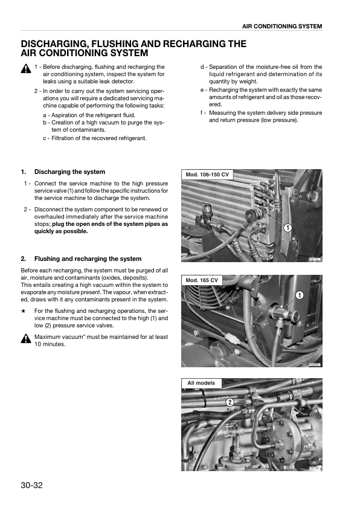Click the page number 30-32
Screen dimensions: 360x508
tap(32, 485)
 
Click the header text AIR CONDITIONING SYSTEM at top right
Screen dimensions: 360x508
tap(282, 26)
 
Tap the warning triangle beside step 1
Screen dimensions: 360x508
tap(26, 69)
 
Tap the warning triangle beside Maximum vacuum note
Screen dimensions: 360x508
tap(26, 338)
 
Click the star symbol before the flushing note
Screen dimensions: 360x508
tap(23, 310)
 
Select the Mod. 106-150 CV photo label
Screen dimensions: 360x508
tap(207, 175)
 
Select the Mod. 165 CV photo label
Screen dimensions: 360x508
tap(202, 280)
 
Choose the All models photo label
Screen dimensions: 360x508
tap(201, 383)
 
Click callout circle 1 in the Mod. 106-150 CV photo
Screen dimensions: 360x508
tap(288, 228)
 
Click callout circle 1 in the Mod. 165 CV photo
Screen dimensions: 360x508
tap(300, 295)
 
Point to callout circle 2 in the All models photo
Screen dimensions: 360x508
tap(230, 402)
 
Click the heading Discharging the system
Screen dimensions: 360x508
tap(69, 172)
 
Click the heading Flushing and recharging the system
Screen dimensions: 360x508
tap(88, 259)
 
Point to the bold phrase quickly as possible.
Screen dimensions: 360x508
tap(61, 231)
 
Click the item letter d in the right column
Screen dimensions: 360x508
tap(202, 67)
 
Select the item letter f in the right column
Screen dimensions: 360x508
tap(202, 113)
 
